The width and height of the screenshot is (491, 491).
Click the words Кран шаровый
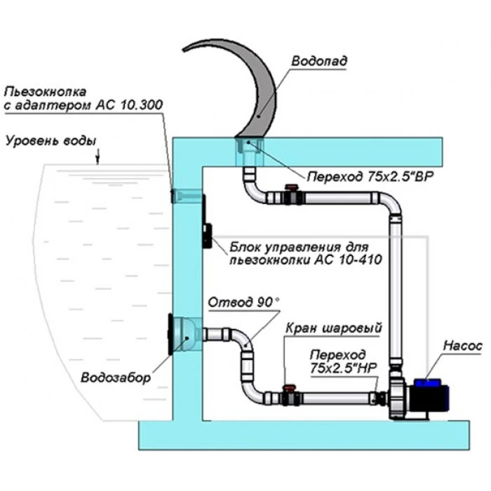(333, 328)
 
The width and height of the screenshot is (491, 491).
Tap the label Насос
(462, 346)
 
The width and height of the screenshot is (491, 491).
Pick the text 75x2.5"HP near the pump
(340, 366)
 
